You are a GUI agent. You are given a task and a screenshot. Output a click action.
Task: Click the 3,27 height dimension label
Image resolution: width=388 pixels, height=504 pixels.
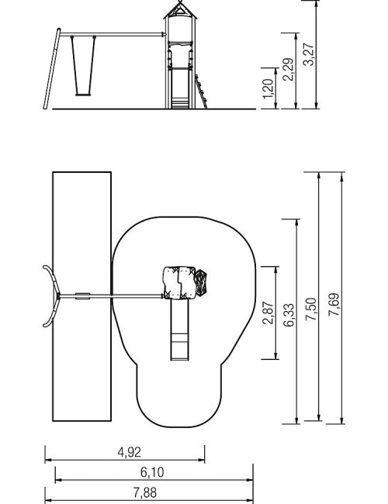(309, 54)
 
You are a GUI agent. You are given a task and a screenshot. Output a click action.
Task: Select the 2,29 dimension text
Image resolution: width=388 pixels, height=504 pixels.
(288, 69)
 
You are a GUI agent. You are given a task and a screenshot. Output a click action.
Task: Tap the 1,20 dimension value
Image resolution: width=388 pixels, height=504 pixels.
(268, 88)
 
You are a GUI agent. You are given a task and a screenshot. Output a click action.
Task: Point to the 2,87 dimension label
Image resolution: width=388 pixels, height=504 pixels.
(268, 312)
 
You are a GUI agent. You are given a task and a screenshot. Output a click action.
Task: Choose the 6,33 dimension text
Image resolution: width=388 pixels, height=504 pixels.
(289, 315)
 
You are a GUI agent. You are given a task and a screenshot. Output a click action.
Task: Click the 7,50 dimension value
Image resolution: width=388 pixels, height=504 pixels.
(311, 309)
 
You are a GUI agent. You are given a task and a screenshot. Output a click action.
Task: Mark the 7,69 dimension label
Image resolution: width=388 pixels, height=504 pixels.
(334, 304)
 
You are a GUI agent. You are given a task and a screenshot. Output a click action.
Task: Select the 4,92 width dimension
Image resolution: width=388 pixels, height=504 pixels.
(129, 452)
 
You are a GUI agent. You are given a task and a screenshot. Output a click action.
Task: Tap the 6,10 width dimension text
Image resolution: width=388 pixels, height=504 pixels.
(152, 472)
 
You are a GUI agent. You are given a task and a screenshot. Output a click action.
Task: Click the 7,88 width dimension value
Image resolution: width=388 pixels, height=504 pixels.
(145, 492)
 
